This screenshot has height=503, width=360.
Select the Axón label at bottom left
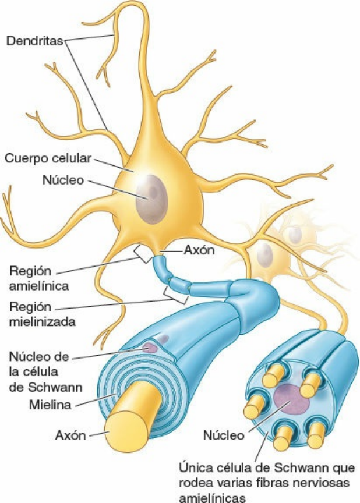tap(70, 435)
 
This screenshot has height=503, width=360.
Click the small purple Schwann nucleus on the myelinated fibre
tap(150, 348)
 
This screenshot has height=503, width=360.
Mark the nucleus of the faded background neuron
tap(265, 253)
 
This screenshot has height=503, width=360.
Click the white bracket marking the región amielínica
tap(141, 253)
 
